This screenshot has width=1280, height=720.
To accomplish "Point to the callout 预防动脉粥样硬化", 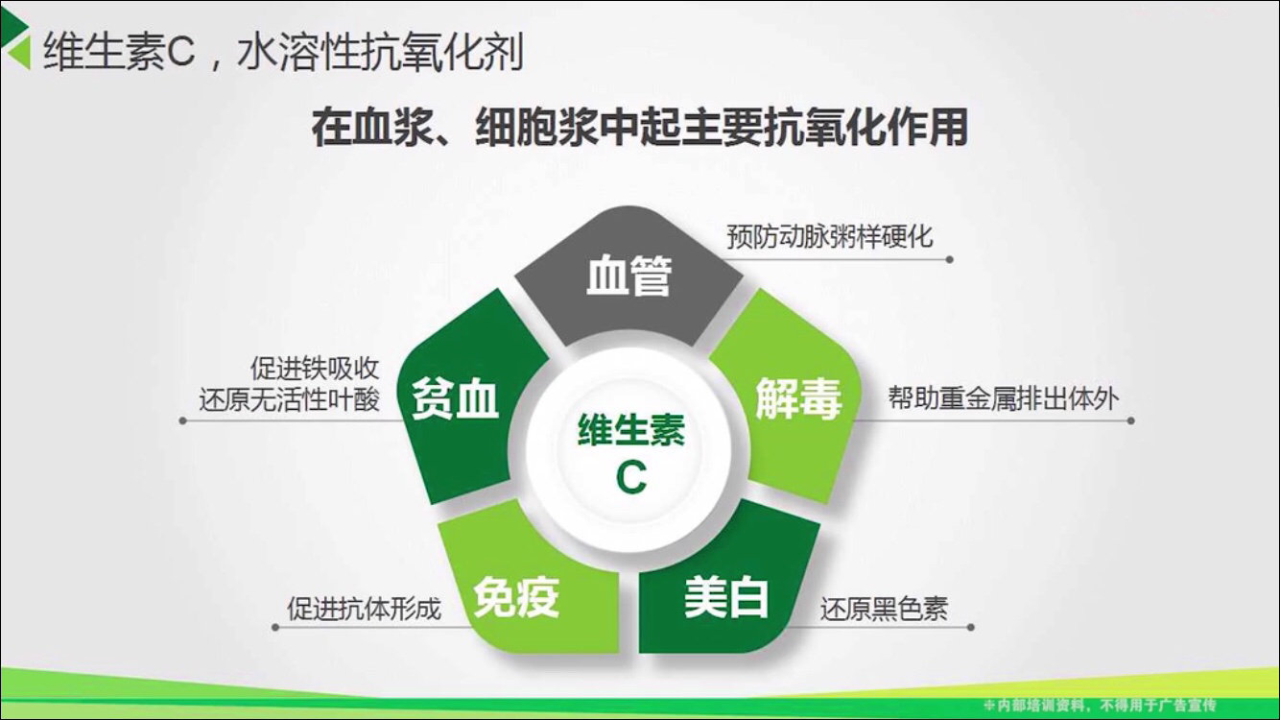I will coord(829,236).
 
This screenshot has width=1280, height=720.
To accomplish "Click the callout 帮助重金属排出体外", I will coord(1003,399).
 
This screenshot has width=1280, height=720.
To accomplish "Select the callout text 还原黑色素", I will coord(884,609).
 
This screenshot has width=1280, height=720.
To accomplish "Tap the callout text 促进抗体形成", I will coord(365,609).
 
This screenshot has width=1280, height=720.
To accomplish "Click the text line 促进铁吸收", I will coord(315,369).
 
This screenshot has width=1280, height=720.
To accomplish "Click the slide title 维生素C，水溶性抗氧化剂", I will coord(283,53).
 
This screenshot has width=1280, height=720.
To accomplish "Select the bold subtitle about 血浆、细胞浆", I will coord(639,128).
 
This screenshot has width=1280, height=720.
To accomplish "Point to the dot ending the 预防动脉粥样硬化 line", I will coord(949,259).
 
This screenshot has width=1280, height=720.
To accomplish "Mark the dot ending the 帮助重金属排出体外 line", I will coord(1130,420).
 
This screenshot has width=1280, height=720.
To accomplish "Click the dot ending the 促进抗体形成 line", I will coord(275,628).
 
